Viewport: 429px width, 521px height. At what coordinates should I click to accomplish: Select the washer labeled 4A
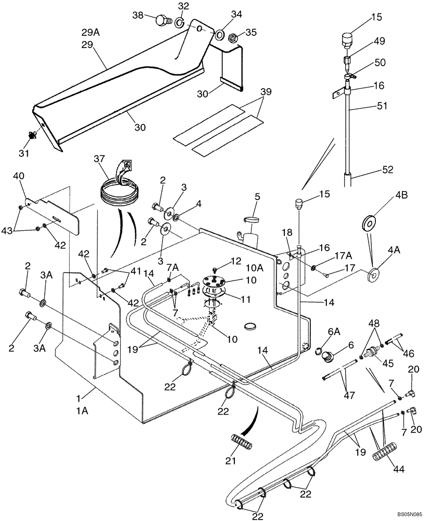point(372,274)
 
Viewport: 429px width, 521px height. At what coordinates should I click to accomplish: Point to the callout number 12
point(236,260)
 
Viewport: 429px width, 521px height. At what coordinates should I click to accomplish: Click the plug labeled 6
point(329,356)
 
